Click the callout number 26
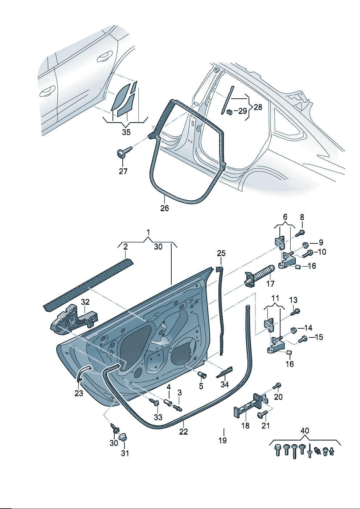click(x=164, y=208)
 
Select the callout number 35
click(x=126, y=132)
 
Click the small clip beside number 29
click(x=229, y=112)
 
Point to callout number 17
click(x=270, y=283)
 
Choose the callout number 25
click(x=221, y=253)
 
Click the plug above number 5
click(x=202, y=375)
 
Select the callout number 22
click(x=184, y=432)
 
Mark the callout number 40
click(x=305, y=431)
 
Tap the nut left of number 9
click(x=305, y=244)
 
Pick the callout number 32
click(x=85, y=301)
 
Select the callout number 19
click(x=222, y=440)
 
